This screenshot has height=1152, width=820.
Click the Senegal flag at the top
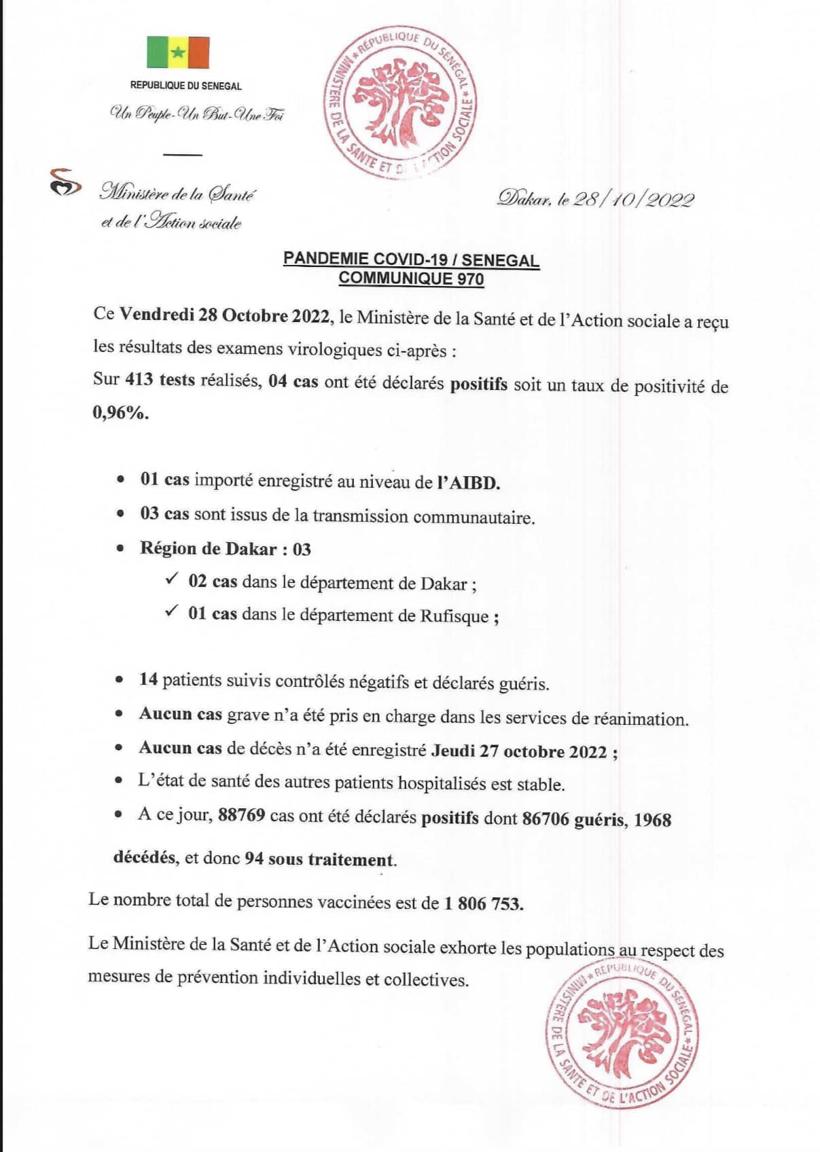[x=178, y=52]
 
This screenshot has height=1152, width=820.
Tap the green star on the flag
[x=178, y=52]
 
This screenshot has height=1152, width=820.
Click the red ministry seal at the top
[x=399, y=104]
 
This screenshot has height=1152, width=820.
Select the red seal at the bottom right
[x=622, y=1034]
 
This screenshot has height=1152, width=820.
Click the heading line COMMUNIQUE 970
[x=411, y=278]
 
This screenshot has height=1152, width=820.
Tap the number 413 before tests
[x=139, y=379]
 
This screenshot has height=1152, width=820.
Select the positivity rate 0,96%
[x=120, y=412]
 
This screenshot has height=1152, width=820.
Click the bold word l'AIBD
[x=469, y=482]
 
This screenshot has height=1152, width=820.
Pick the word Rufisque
[x=454, y=616]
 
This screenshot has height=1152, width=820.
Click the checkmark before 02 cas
[x=172, y=579]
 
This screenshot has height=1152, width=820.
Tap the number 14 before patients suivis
[x=148, y=679]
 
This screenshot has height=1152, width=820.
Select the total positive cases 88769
[x=241, y=815]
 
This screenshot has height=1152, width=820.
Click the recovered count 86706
[x=546, y=818]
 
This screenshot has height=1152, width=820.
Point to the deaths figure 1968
[x=652, y=820]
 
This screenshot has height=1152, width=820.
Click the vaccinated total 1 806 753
[x=484, y=903]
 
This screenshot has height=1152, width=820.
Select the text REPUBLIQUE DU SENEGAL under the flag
[x=186, y=86]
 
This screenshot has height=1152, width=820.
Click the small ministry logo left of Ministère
[x=65, y=183]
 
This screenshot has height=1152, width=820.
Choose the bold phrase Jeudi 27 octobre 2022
[x=520, y=751]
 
